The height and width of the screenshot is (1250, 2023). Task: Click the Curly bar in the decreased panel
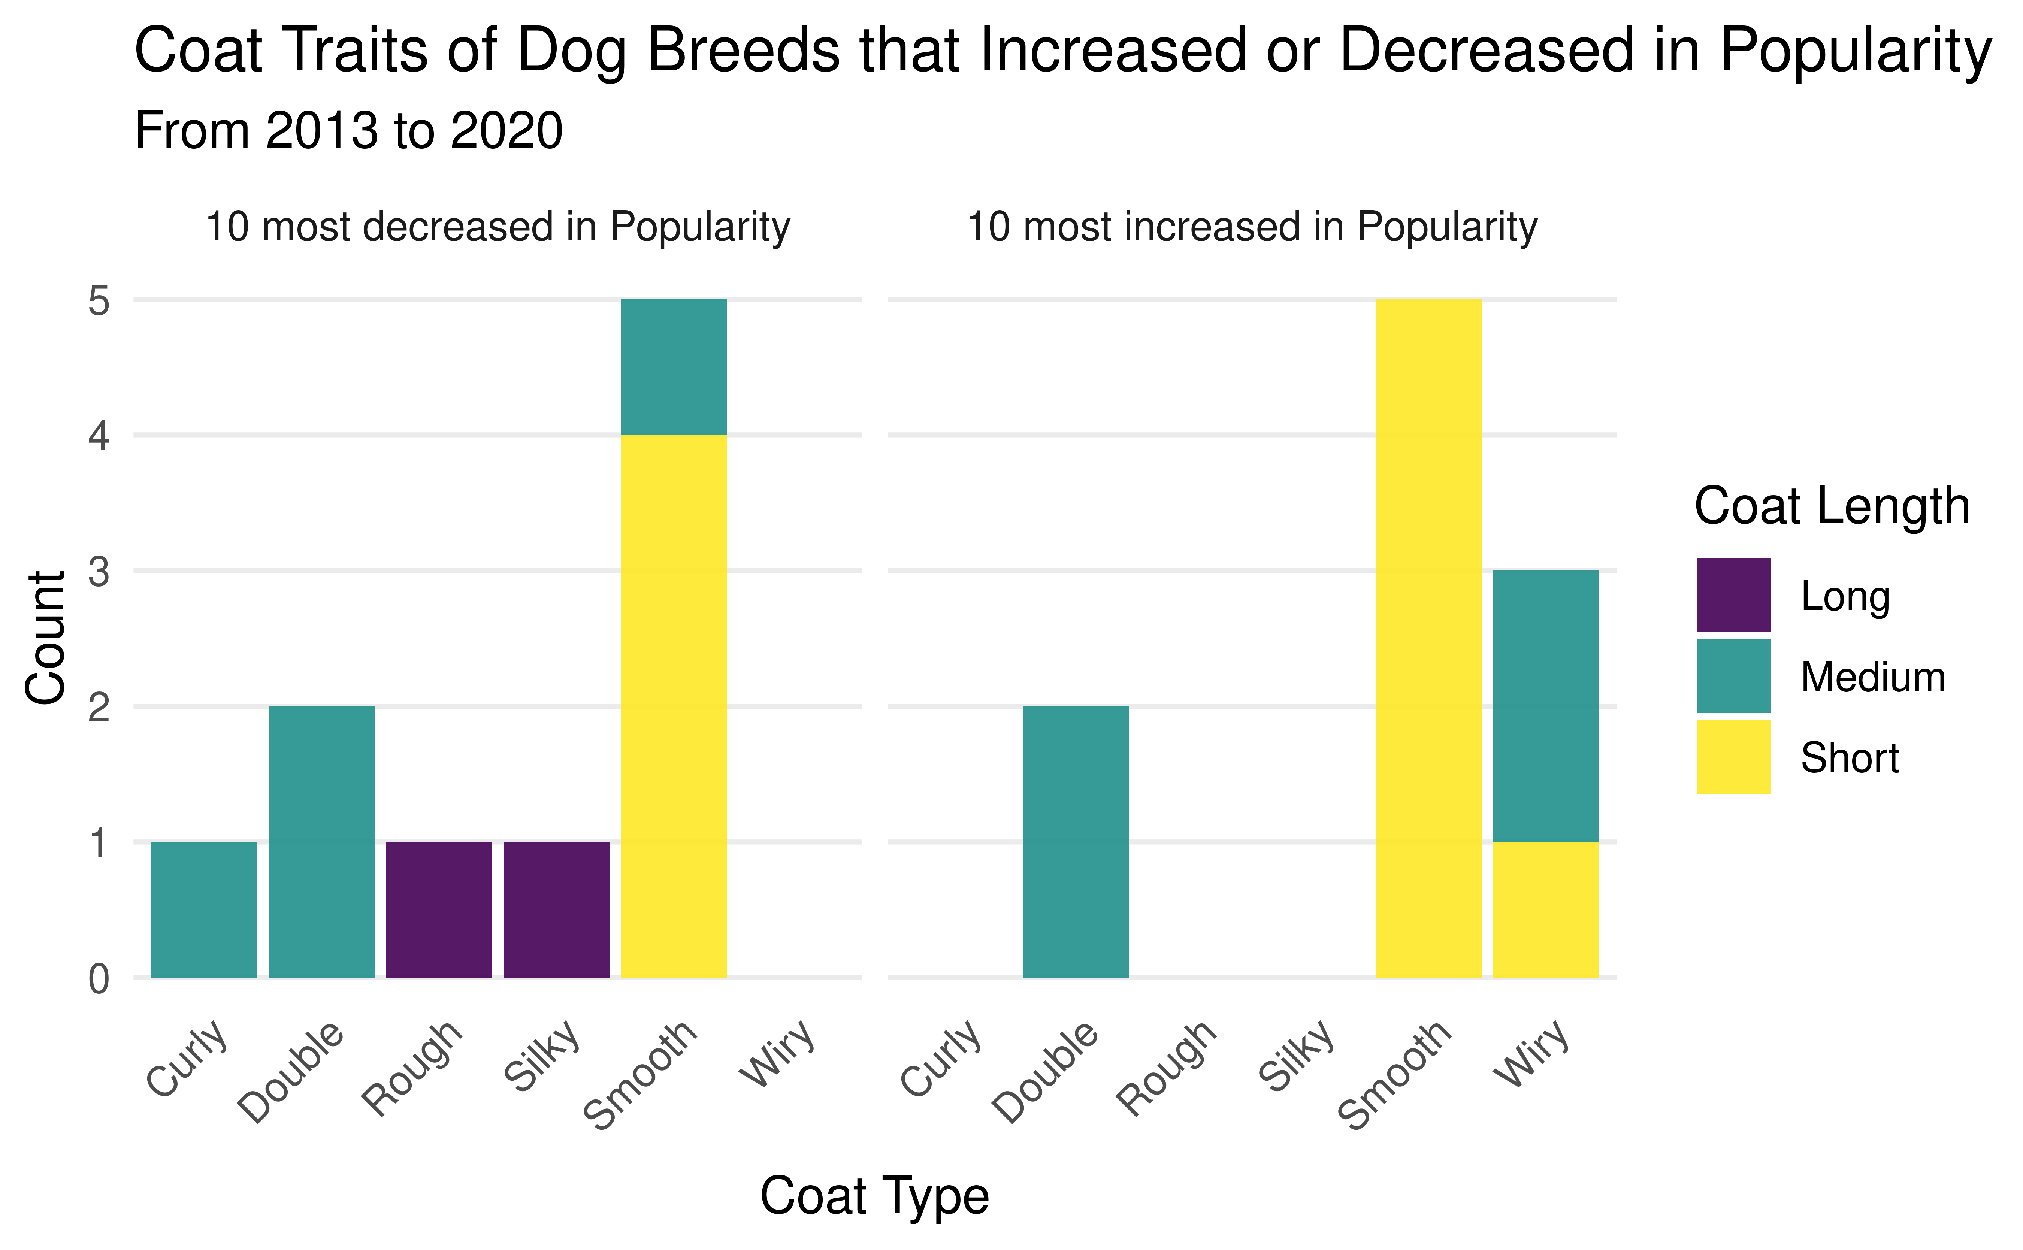pyautogui.click(x=203, y=909)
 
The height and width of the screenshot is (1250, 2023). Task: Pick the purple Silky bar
pyautogui.click(x=556, y=909)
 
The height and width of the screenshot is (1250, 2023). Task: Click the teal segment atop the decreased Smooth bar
pyautogui.click(x=674, y=367)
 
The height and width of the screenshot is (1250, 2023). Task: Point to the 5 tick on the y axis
pyautogui.click(x=99, y=301)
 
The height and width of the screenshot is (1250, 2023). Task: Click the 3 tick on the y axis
pyautogui.click(x=99, y=571)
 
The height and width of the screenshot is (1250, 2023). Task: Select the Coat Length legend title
pyautogui.click(x=1831, y=506)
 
